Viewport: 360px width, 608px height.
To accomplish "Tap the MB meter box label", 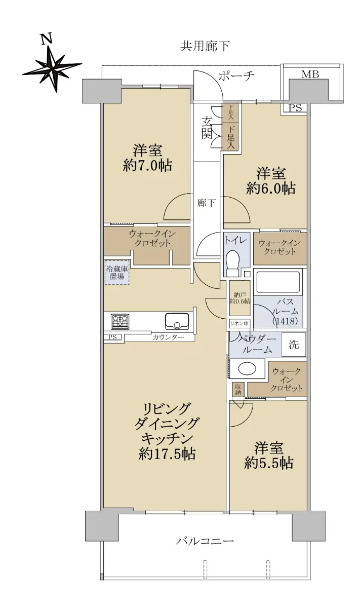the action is [x=310, y=74].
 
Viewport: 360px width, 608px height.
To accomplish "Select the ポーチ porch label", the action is [x=236, y=77].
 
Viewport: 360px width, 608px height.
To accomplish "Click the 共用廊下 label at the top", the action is [x=205, y=46].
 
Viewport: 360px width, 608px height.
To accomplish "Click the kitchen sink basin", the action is [x=177, y=322].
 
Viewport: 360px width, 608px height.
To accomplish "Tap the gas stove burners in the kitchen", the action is [x=120, y=322].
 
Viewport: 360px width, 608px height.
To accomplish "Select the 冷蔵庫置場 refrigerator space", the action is [x=117, y=272].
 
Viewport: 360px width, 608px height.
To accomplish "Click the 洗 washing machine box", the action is [x=294, y=345].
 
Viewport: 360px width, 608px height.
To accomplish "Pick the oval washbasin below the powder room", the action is [x=247, y=369].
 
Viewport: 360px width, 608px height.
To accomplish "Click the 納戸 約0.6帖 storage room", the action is [x=239, y=298].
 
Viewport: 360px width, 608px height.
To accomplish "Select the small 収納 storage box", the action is [x=238, y=390].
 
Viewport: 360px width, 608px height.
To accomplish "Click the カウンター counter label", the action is [x=168, y=337].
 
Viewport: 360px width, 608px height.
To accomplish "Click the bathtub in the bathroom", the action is [x=277, y=282].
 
